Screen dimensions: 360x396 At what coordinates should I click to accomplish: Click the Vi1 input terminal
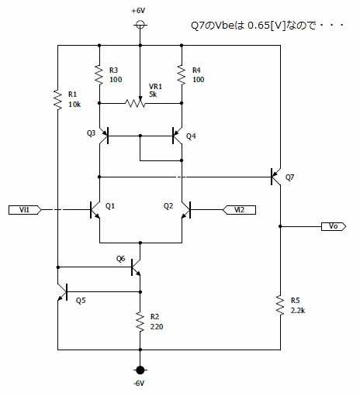point(25,210)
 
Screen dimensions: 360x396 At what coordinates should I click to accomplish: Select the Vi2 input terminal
point(239,210)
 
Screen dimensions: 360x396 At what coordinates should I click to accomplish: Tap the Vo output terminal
point(334,226)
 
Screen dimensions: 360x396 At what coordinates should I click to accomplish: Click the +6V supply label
point(138,11)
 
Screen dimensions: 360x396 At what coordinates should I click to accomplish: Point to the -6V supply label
point(139,384)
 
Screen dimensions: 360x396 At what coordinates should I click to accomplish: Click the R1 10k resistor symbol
point(57,99)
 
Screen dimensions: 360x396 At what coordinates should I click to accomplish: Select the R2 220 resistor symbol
point(140,322)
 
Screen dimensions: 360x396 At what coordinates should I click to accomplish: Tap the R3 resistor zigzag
point(99,75)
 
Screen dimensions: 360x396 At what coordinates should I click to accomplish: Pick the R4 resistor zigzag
point(182,75)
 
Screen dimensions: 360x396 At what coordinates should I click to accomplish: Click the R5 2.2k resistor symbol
point(280,305)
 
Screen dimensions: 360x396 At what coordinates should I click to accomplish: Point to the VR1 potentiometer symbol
point(136,102)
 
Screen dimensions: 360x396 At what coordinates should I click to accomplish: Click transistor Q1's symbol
point(95,210)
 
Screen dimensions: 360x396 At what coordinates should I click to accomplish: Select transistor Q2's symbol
point(186,210)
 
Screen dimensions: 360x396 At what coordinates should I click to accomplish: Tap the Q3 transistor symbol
point(103,136)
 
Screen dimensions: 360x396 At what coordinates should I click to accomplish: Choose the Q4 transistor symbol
point(178,136)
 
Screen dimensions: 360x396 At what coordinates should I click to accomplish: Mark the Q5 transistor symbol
point(62,292)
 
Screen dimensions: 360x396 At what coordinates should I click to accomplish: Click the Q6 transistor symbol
point(136,267)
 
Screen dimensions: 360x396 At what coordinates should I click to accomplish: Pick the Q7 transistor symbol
point(275,177)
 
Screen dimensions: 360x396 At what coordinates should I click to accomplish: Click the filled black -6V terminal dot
point(140,370)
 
